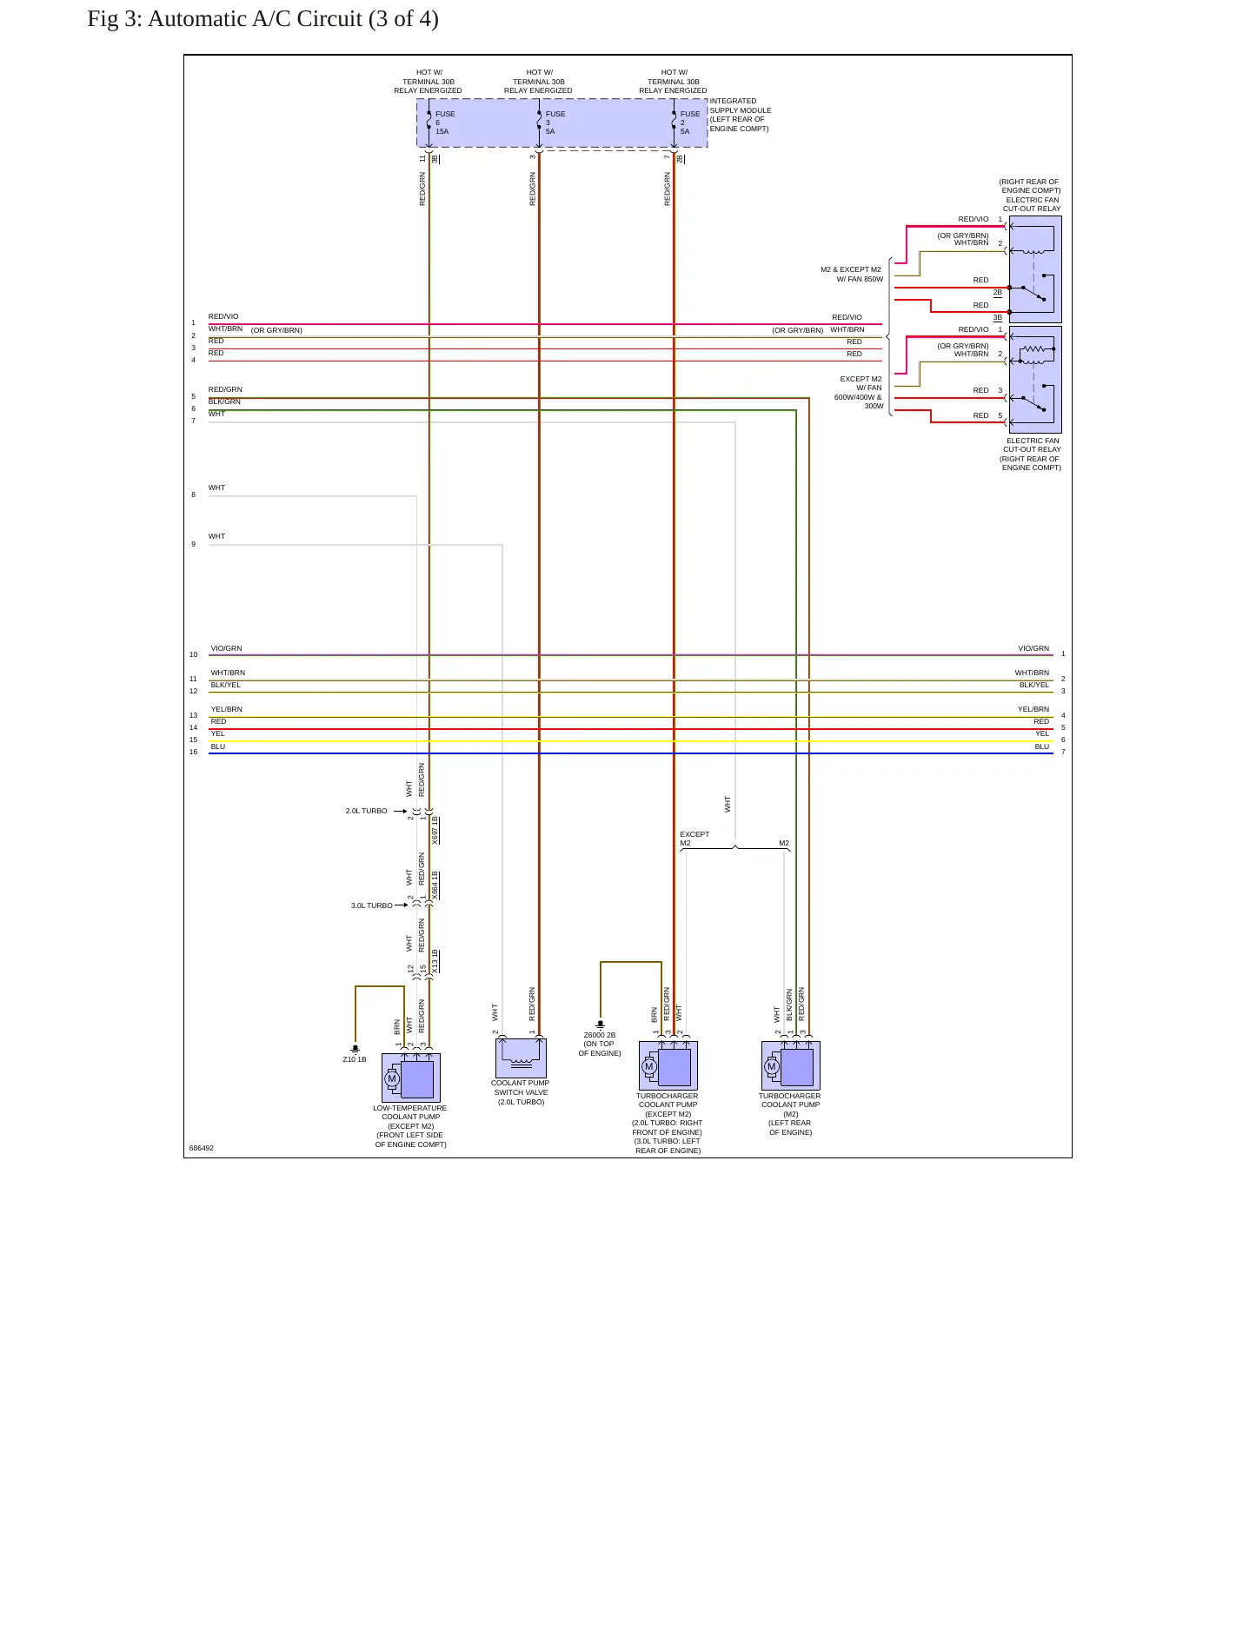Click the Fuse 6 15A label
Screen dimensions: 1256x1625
click(445, 123)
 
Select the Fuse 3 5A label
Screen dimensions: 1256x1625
click(555, 123)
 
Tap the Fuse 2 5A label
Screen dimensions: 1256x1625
click(690, 123)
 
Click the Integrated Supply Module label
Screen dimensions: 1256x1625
click(741, 115)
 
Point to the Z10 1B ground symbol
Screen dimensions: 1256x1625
click(355, 1049)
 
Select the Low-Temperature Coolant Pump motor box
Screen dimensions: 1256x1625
click(411, 1078)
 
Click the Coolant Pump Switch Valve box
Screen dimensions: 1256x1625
click(521, 1058)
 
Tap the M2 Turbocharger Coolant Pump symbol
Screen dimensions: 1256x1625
click(791, 1065)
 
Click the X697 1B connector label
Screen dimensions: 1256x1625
click(435, 831)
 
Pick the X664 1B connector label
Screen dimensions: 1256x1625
click(435, 885)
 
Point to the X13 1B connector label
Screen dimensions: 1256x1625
click(435, 961)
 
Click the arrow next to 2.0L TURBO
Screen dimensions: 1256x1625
click(400, 811)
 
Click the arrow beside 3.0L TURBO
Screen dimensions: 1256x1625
click(401, 905)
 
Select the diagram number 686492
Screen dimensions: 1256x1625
click(202, 1148)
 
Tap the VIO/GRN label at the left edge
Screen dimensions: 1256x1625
click(227, 648)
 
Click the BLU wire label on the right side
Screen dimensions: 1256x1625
click(1041, 746)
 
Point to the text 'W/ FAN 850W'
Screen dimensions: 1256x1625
click(860, 279)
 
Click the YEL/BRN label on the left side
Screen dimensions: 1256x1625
click(227, 709)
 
